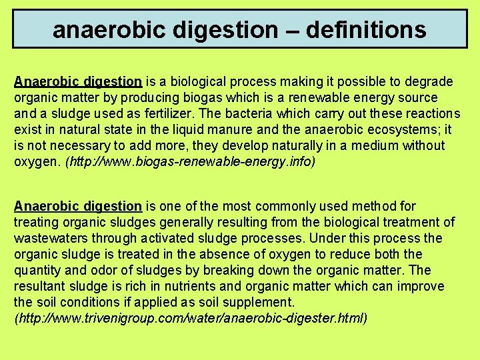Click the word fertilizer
pyautogui.click(x=167, y=114)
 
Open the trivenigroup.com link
pyautogui.click(x=191, y=318)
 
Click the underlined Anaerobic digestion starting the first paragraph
pyautogui.click(x=78, y=82)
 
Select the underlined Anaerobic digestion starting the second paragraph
pyautogui.click(x=78, y=207)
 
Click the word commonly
pyautogui.click(x=265, y=207)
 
